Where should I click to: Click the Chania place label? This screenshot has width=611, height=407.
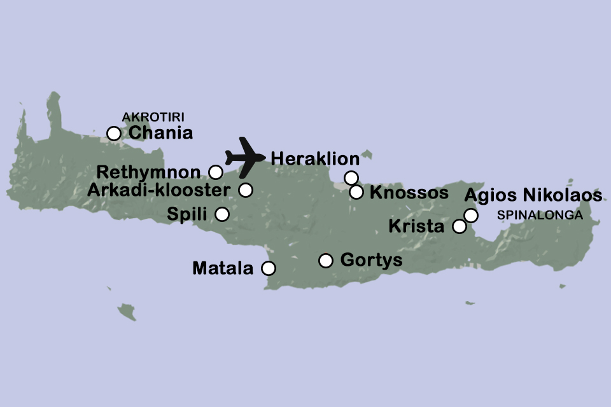160,134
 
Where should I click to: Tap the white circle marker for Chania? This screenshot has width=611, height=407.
114,134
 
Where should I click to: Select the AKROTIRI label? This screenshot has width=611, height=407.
148,117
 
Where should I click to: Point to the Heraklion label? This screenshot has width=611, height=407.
315,159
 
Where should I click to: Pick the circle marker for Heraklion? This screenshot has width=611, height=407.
351,177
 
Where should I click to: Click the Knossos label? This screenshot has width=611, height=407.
409,193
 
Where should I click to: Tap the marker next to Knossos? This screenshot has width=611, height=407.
356,191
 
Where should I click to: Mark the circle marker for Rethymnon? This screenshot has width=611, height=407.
216,172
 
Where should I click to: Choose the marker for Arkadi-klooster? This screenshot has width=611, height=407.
246,190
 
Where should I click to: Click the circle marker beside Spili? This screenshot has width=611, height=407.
222,214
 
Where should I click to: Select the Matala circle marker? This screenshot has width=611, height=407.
269,268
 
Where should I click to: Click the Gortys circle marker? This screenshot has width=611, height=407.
326,260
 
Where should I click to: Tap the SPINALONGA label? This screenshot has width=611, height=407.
540,216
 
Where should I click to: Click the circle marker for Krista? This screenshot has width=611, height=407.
459,226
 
